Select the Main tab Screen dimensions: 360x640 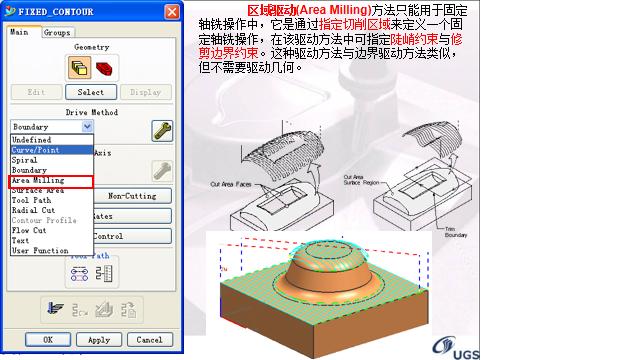pyautogui.click(x=20, y=32)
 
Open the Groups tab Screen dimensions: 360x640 pyautogui.click(x=57, y=32)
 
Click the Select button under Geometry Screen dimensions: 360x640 pyautogui.click(x=91, y=92)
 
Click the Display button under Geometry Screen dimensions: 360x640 pyautogui.click(x=145, y=92)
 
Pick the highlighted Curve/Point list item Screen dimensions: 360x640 pyautogui.click(x=37, y=150)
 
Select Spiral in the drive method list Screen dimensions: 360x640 pyautogui.click(x=25, y=160)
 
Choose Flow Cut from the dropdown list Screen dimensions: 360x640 pyautogui.click(x=31, y=230)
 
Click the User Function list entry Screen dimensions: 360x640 pyautogui.click(x=41, y=250)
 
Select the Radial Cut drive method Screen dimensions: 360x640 pyautogui.click(x=33, y=210)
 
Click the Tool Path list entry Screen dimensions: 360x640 pyautogui.click(x=31, y=200)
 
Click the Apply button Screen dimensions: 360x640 pyautogui.click(x=99, y=339)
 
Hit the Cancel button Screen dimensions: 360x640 pyautogui.click(x=148, y=339)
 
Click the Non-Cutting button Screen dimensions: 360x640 pyautogui.click(x=132, y=196)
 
